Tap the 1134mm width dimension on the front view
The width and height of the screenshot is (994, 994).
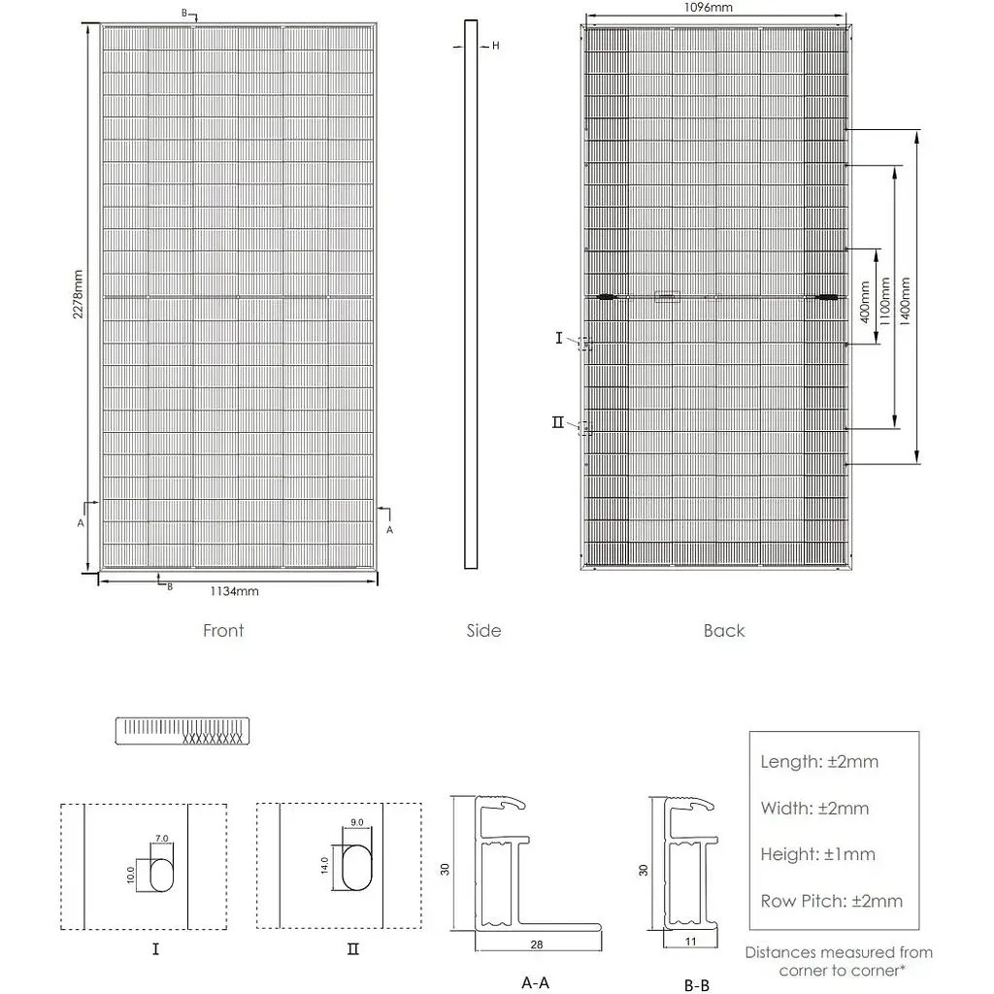[235, 590]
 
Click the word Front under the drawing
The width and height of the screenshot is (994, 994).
[223, 631]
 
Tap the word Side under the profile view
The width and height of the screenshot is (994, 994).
[483, 631]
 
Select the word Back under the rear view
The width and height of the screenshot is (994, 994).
[724, 631]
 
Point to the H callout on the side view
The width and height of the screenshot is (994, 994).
[495, 46]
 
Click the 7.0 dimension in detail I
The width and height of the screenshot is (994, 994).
[161, 838]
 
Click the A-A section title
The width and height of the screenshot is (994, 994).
[535, 982]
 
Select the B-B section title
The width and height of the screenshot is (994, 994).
[696, 985]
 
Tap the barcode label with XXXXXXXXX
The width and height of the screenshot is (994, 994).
[181, 731]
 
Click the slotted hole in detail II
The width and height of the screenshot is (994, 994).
[356, 866]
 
